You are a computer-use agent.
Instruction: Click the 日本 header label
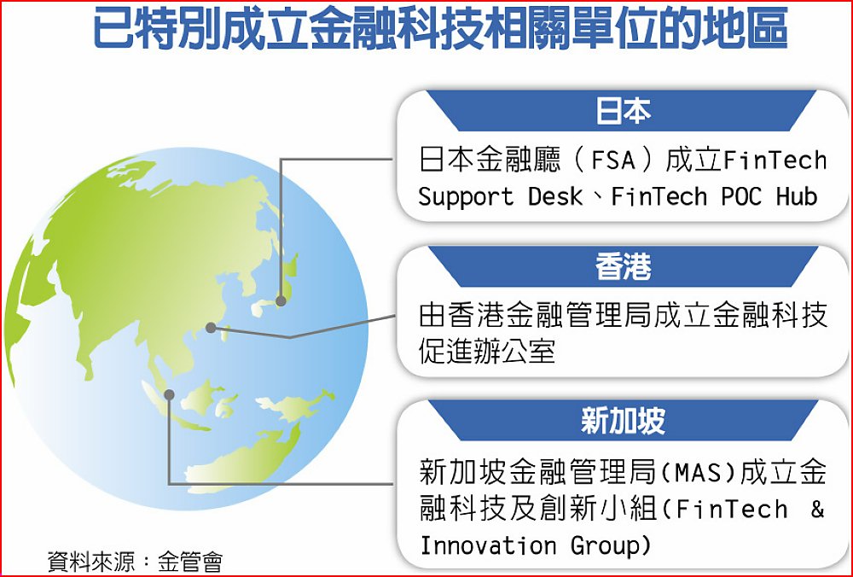[623, 111]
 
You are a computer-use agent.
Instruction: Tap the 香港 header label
[623, 266]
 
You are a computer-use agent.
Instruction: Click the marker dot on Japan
[281, 300]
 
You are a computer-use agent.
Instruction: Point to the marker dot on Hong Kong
[211, 328]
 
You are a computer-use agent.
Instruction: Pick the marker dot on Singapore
[169, 394]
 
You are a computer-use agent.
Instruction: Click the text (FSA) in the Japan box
[612, 160]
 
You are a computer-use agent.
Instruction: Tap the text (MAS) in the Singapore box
[699, 472]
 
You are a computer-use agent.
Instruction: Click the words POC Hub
[769, 196]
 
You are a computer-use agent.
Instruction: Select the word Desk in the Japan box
[555, 196]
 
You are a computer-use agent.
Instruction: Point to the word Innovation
[488, 545]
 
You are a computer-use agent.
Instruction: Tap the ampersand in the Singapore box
[817, 509]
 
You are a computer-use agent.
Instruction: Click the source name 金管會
[190, 562]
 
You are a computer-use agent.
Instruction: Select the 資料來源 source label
[91, 562]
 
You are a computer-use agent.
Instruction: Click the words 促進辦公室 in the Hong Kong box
[487, 351]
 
